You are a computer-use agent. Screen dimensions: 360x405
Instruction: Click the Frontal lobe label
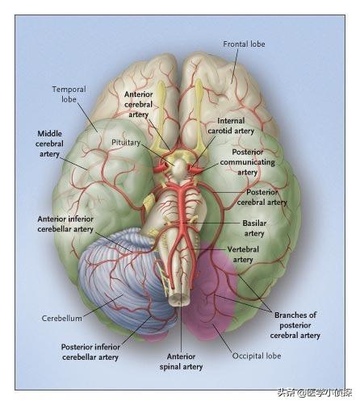coord(244,44)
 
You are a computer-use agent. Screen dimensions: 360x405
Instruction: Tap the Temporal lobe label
coord(69,94)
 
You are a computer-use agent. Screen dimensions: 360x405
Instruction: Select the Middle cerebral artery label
coord(49,144)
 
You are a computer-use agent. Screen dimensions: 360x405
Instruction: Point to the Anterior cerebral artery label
coord(138,104)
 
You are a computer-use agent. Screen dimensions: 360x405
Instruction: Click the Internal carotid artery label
coord(231,126)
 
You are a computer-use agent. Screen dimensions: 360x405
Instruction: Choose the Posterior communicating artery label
coord(247,162)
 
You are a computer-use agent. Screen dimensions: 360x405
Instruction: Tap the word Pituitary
coord(126,142)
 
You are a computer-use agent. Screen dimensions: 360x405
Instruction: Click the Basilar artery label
coord(254,228)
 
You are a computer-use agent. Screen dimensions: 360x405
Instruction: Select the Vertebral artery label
coord(243,254)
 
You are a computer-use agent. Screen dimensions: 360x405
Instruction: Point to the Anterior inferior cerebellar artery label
coord(65,223)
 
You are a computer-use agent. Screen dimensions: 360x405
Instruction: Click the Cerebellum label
coord(62,318)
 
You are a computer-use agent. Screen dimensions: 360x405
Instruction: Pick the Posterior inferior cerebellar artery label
coord(90,352)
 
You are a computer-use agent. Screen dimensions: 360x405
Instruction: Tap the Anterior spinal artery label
coord(181,361)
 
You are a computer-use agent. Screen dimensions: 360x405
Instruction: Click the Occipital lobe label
coord(257,356)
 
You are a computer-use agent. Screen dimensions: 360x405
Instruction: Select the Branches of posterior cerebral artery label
coord(295,325)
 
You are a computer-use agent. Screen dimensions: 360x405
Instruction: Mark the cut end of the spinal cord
coord(178,299)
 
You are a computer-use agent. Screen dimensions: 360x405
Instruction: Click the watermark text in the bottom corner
coord(315,393)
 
